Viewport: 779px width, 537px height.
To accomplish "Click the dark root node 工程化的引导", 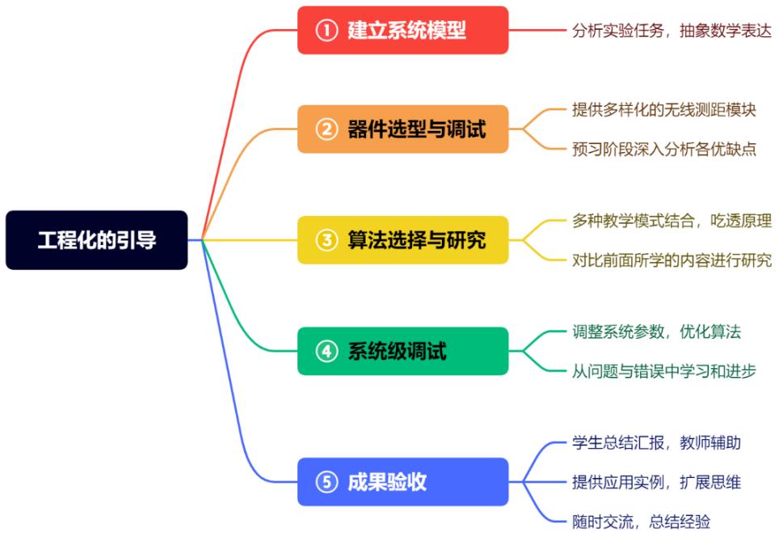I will click(96, 240).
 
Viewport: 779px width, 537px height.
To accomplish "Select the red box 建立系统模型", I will click(402, 30).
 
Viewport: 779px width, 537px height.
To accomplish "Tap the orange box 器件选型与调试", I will click(402, 129).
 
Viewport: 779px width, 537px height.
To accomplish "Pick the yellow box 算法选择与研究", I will click(402, 240).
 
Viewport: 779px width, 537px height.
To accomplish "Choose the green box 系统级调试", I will click(402, 351).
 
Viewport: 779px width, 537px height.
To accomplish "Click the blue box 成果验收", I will click(402, 482).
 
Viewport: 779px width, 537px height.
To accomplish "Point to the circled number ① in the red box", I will click(326, 31).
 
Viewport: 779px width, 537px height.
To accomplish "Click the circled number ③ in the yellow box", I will click(326, 240).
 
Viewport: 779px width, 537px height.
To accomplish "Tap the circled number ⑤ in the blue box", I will click(326, 483).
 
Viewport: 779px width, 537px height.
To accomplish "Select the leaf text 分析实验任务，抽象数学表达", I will click(671, 30).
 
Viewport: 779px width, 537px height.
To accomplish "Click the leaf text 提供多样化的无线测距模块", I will click(663, 109).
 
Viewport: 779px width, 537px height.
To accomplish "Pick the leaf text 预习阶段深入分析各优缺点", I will click(663, 149).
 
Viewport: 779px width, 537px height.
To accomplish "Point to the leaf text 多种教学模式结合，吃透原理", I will click(671, 220).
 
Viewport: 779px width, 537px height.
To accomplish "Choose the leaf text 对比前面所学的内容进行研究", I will click(671, 260).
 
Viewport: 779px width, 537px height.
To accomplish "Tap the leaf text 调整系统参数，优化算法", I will click(656, 332).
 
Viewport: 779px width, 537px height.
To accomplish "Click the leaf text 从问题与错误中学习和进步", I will click(663, 371).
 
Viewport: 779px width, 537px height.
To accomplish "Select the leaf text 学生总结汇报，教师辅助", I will click(656, 442).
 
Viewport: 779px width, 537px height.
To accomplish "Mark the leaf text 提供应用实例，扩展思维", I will click(656, 482).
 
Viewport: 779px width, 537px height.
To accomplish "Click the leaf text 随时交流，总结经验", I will click(641, 522).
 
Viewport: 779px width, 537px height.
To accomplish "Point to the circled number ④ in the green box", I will click(326, 352).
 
